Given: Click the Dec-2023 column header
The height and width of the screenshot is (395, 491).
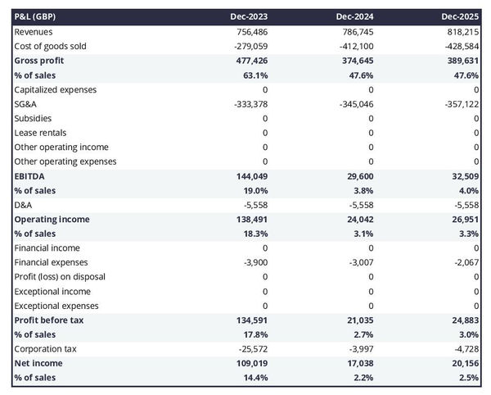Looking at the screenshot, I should click(x=250, y=16).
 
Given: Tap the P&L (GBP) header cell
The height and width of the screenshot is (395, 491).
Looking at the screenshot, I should click(x=40, y=16).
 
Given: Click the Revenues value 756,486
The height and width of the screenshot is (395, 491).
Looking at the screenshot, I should click(x=249, y=31).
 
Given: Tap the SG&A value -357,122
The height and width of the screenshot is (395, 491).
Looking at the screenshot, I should click(x=458, y=104).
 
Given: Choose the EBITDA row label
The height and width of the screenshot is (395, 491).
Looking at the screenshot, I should click(x=29, y=176).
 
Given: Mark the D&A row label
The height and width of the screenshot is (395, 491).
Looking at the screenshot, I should click(x=24, y=204).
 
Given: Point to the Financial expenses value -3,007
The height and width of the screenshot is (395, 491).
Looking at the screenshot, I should click(x=359, y=262).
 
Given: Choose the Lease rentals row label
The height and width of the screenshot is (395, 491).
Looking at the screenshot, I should click(x=40, y=133).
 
